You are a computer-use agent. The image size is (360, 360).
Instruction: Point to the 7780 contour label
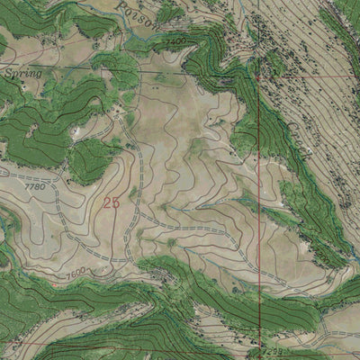[33, 187]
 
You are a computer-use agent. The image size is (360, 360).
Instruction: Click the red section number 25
[112, 203]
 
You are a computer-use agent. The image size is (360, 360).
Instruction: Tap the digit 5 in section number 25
[116, 203]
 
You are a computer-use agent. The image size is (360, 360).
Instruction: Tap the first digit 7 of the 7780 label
[27, 187]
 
